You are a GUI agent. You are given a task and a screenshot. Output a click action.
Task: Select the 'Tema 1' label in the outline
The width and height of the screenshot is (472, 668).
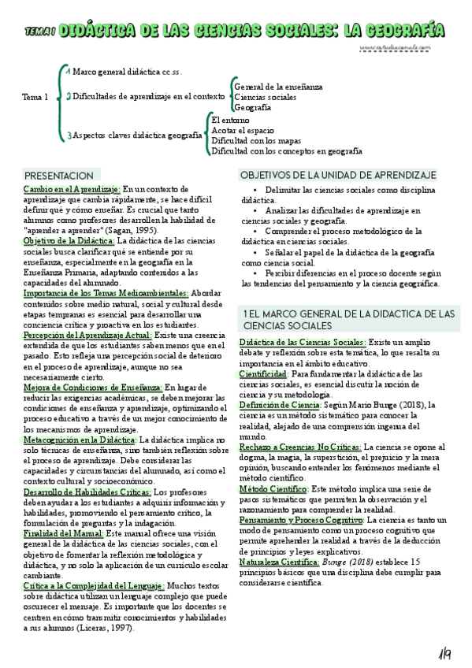tap(35, 97)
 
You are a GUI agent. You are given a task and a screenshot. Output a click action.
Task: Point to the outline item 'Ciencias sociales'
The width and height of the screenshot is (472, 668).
tap(266, 97)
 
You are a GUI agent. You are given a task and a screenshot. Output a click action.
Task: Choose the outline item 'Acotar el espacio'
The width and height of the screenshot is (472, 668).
tap(243, 130)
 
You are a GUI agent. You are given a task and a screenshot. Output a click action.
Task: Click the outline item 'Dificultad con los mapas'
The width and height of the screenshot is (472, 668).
tap(258, 140)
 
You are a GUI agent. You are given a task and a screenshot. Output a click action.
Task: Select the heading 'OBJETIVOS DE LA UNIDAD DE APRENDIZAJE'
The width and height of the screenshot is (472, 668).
tap(338, 174)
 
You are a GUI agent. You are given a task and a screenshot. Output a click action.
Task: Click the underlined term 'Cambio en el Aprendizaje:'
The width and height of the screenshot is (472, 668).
tap(72, 189)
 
